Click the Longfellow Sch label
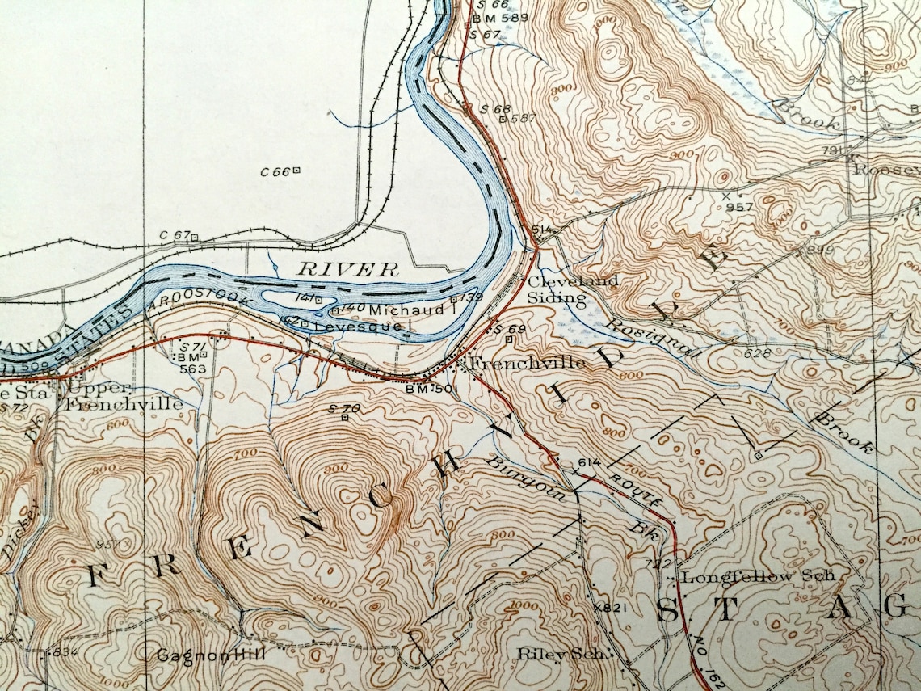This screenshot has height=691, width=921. coord(758,577)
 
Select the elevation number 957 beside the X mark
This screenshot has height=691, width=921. coord(739,207)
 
